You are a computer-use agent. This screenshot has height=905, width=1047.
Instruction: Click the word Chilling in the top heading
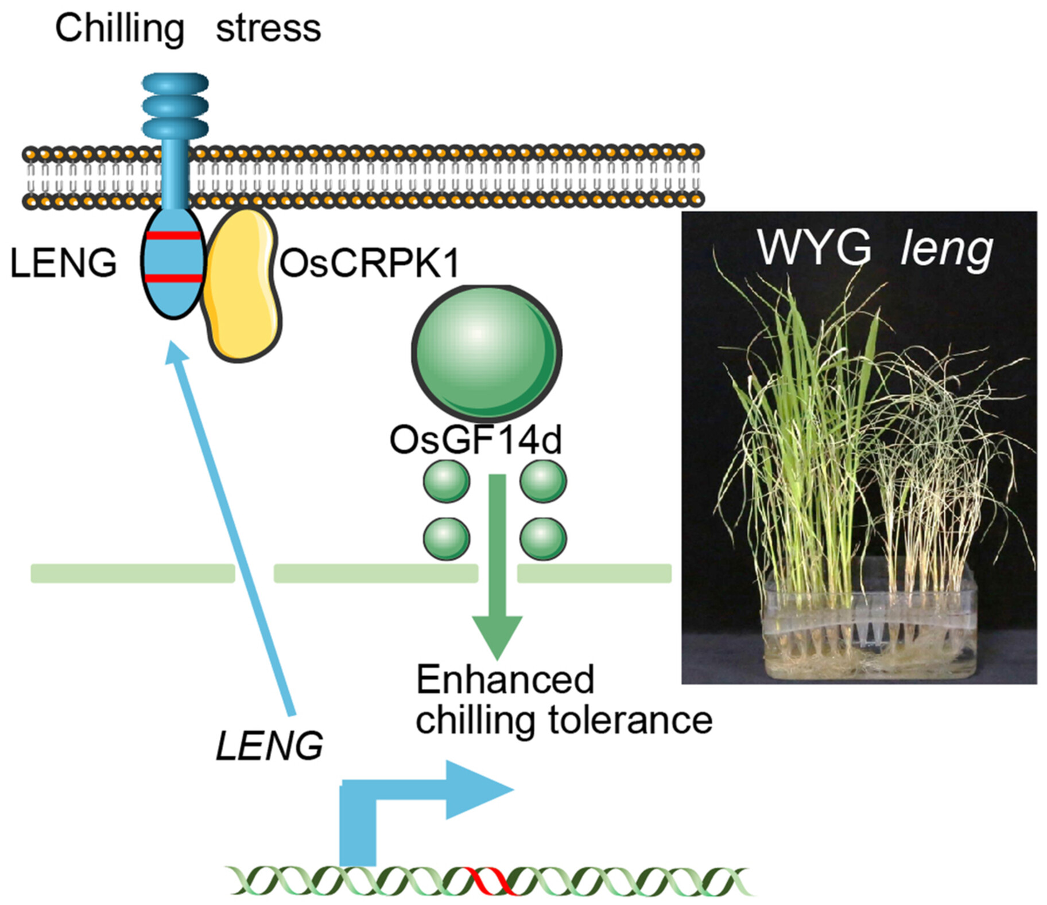pos(119,29)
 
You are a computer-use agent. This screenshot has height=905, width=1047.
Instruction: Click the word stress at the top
pos(268,29)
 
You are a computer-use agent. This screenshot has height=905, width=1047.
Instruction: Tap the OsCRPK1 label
pos(370,264)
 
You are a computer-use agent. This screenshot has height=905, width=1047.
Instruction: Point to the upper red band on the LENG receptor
pos(173,235)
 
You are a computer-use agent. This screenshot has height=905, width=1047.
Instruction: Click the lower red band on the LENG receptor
pos(173,279)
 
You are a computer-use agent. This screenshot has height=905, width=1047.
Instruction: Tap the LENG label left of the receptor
pos(63,264)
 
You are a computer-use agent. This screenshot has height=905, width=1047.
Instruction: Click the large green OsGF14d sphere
pos(486,351)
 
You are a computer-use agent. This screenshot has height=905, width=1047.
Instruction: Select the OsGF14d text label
pos(475,440)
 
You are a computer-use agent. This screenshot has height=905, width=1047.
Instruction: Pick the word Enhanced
pos(505,680)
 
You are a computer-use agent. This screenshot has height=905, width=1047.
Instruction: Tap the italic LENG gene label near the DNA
pos(269,746)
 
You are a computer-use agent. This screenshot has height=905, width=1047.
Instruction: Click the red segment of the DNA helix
pos(491,880)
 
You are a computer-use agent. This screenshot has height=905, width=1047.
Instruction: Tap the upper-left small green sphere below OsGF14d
pos(446,481)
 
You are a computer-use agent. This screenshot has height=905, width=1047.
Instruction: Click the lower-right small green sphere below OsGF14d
pos(543,539)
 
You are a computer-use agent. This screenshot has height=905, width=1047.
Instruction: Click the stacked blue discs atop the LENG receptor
pos(174,106)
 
